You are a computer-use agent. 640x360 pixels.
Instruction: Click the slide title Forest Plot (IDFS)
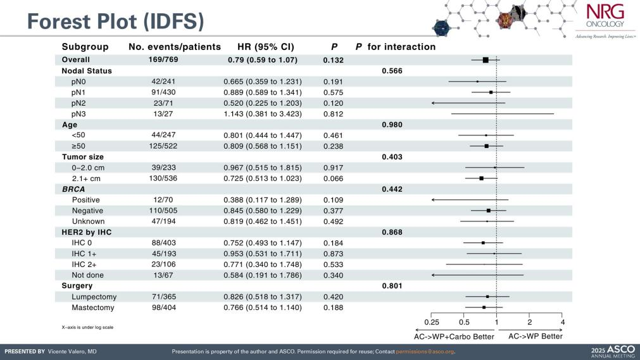pyautogui.click(x=115, y=21)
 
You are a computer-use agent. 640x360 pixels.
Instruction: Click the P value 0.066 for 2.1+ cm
pyautogui.click(x=333, y=178)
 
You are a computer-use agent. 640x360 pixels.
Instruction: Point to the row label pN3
pyautogui.click(x=80, y=114)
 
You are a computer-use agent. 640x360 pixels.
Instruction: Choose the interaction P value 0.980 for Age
pyautogui.click(x=392, y=125)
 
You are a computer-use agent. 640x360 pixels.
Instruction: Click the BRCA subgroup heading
pyautogui.click(x=73, y=189)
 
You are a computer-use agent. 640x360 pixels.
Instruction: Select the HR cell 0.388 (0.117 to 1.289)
pyautogui.click(x=262, y=200)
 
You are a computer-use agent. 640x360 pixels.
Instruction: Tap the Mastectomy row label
pyautogui.click(x=93, y=307)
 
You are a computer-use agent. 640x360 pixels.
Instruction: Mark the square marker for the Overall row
pyautogui.click(x=486, y=60)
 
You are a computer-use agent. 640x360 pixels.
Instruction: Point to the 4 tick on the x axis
pyautogui.click(x=562, y=323)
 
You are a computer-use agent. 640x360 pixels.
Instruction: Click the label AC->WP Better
pyautogui.click(x=535, y=337)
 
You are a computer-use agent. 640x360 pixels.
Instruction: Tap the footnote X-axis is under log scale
pyautogui.click(x=84, y=327)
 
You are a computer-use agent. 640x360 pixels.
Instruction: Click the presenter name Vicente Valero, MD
pyautogui.click(x=72, y=351)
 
